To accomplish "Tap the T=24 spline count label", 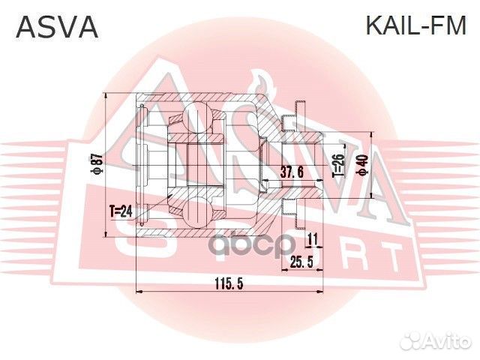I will coord(121,211).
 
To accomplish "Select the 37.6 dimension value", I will coord(291,172).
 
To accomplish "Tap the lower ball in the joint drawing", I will coord(193,213).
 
